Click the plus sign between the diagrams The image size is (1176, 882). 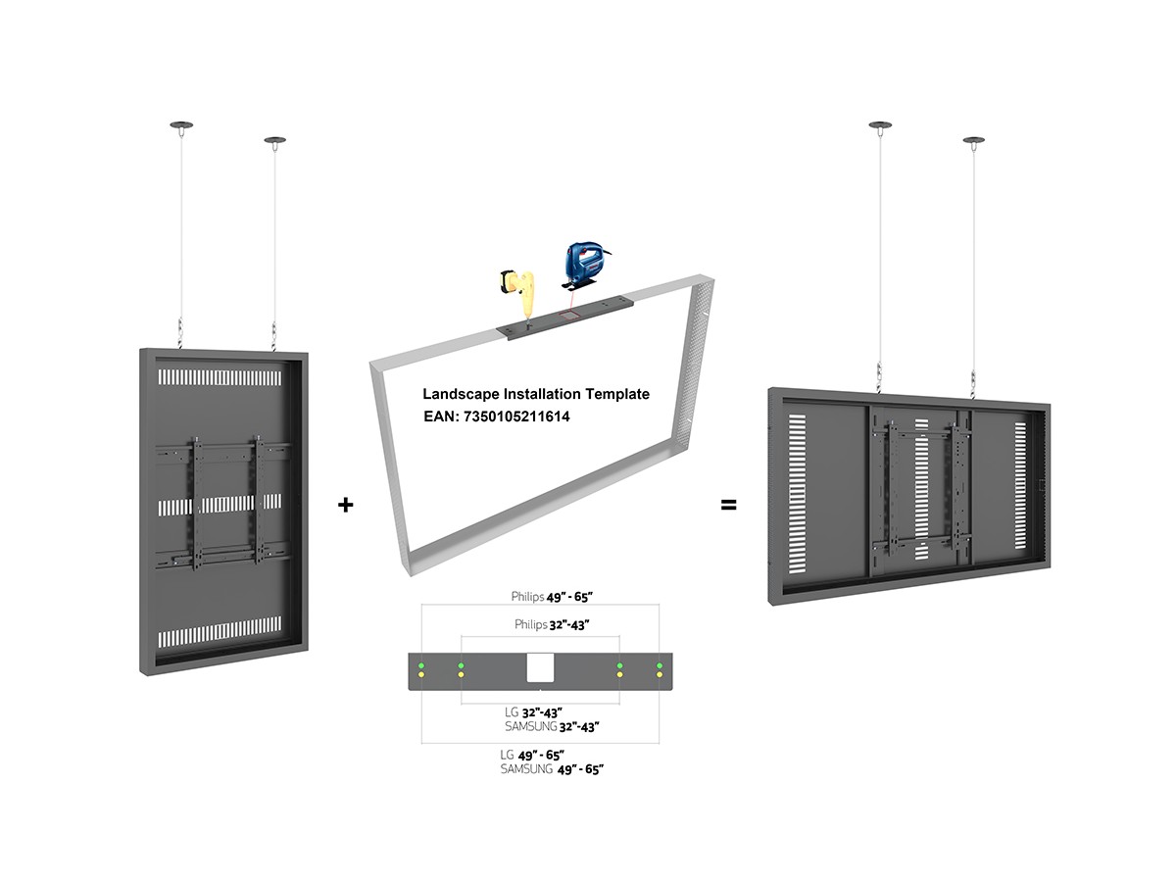pyautogui.click(x=345, y=506)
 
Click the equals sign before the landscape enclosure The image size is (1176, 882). pyautogui.click(x=728, y=506)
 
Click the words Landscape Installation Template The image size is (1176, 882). pyautogui.click(x=535, y=394)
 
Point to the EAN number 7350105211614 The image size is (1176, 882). pyautogui.click(x=496, y=416)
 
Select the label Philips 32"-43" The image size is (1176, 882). pyautogui.click(x=551, y=624)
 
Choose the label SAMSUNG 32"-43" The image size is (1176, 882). pyautogui.click(x=551, y=727)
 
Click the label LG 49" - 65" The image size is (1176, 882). pyautogui.click(x=531, y=755)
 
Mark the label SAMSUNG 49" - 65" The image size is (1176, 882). pyautogui.click(x=551, y=770)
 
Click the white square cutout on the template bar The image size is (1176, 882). pyautogui.click(x=541, y=668)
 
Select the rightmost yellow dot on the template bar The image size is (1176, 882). pyautogui.click(x=660, y=676)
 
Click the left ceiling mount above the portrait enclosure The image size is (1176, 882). pyautogui.click(x=181, y=125)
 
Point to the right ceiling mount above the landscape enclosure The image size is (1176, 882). pyautogui.click(x=973, y=141)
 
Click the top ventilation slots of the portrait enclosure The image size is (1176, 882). pyautogui.click(x=219, y=377)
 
